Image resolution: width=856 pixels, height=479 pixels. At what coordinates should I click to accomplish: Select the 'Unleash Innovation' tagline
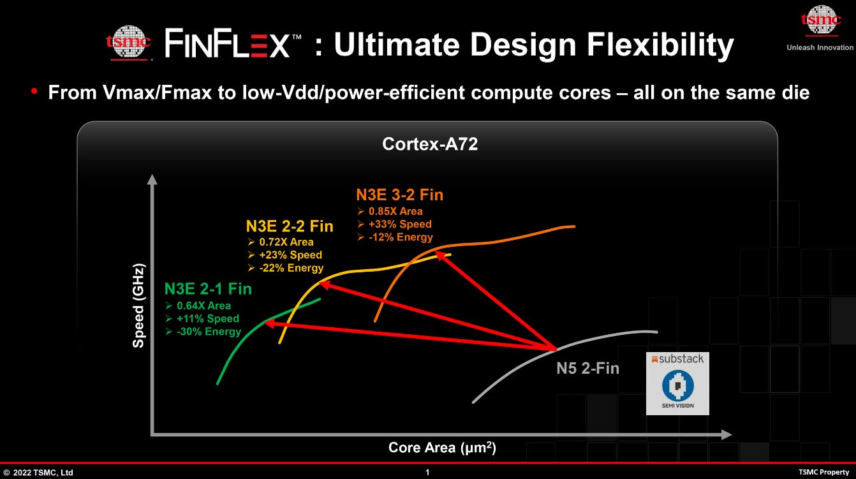tap(820, 48)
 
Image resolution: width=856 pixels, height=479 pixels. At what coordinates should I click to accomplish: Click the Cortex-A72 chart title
tap(430, 144)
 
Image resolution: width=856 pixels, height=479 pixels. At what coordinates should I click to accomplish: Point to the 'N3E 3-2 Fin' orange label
tap(399, 195)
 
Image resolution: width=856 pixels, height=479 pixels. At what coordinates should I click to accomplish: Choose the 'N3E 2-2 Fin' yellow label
tap(290, 226)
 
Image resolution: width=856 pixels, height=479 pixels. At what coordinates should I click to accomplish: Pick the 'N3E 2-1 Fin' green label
tap(208, 289)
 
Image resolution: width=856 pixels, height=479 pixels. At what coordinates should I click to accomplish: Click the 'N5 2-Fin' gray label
tap(587, 368)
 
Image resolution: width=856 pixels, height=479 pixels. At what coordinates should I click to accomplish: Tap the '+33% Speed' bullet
tap(400, 224)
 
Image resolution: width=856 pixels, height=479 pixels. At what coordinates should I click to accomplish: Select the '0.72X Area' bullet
tap(286, 242)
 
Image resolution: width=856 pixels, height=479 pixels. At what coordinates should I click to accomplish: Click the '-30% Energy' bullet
tap(209, 332)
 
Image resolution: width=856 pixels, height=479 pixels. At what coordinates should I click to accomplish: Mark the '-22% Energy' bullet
tap(291, 268)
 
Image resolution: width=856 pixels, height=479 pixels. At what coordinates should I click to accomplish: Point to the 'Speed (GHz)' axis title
tap(138, 306)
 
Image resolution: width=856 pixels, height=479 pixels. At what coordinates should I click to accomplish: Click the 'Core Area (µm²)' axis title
tap(442, 448)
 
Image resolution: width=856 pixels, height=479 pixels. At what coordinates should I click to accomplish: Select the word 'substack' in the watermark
tap(681, 359)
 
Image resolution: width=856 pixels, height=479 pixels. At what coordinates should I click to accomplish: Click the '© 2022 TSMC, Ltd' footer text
tap(38, 473)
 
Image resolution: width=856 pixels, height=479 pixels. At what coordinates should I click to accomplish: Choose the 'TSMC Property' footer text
tap(823, 472)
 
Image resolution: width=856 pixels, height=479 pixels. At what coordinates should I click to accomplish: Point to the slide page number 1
tap(427, 472)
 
